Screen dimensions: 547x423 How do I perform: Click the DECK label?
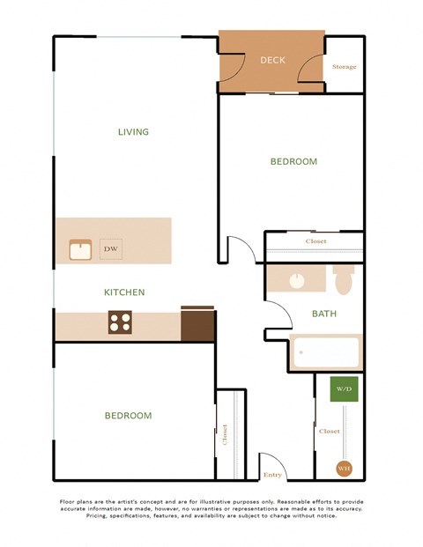click(x=272, y=61)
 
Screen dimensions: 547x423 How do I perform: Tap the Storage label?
click(x=345, y=67)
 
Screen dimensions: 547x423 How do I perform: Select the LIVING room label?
click(x=133, y=132)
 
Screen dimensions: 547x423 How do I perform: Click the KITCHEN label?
click(x=124, y=292)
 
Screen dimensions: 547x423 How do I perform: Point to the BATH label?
click(x=324, y=313)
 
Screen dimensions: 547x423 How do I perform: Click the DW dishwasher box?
click(x=111, y=249)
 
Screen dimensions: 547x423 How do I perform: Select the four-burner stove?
click(x=120, y=322)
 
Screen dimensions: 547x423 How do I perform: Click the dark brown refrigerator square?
click(x=197, y=324)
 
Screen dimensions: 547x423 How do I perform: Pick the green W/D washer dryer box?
click(x=344, y=389)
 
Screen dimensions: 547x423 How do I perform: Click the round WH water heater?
click(x=344, y=469)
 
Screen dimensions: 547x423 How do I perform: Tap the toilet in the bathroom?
click(x=344, y=280)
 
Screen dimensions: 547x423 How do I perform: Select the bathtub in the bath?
click(x=326, y=354)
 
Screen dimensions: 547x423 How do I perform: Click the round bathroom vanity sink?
click(x=298, y=281)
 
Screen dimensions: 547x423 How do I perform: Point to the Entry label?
click(x=272, y=475)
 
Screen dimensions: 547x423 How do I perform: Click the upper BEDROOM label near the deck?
click(x=293, y=162)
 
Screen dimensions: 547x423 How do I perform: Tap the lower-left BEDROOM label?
click(x=128, y=416)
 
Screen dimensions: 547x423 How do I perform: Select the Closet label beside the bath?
click(x=315, y=241)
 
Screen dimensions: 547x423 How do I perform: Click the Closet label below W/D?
click(x=329, y=432)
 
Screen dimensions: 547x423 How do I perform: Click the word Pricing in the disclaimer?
click(x=102, y=516)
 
